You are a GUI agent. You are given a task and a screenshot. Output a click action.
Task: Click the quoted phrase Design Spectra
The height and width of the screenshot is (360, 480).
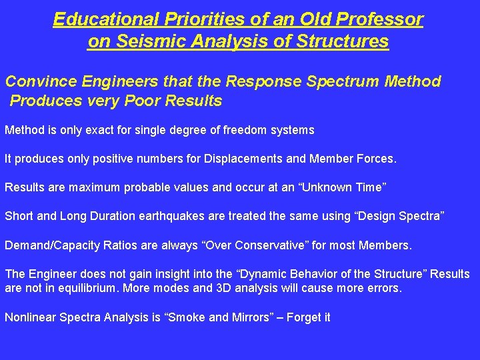tap(403, 216)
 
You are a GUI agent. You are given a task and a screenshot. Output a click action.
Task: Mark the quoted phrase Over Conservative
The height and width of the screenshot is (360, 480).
tap(257, 245)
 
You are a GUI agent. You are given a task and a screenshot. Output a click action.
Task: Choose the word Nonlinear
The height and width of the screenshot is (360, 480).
tap(30, 317)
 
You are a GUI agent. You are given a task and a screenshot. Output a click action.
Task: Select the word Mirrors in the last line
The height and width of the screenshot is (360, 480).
tap(244, 317)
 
